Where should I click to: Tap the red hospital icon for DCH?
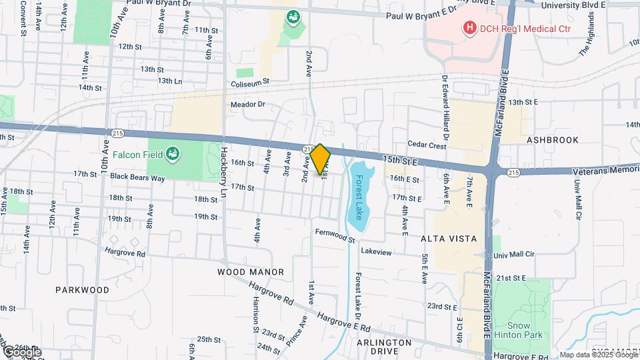pyautogui.click(x=470, y=28)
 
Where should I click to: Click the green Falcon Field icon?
pyautogui.click(x=172, y=154)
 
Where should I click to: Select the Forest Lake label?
pyautogui.click(x=359, y=197)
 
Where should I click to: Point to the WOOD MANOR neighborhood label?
pyautogui.click(x=251, y=272)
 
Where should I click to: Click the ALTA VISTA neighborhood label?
pyautogui.click(x=448, y=238)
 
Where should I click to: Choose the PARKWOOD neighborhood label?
pyautogui.click(x=82, y=290)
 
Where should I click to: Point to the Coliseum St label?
pyautogui.click(x=249, y=82)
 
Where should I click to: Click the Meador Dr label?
pyautogui.click(x=247, y=105)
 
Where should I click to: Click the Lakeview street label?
pyautogui.click(x=376, y=251)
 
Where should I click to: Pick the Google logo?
pyautogui.click(x=21, y=351)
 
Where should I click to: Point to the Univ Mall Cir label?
pyautogui.click(x=510, y=255)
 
